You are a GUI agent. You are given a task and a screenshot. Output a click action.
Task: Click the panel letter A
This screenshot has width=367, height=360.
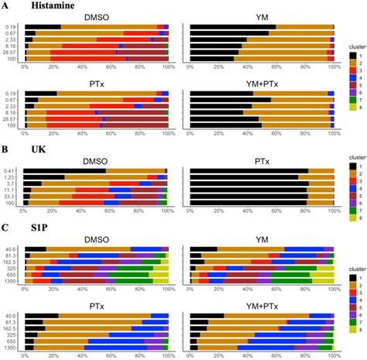point(6,6)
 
